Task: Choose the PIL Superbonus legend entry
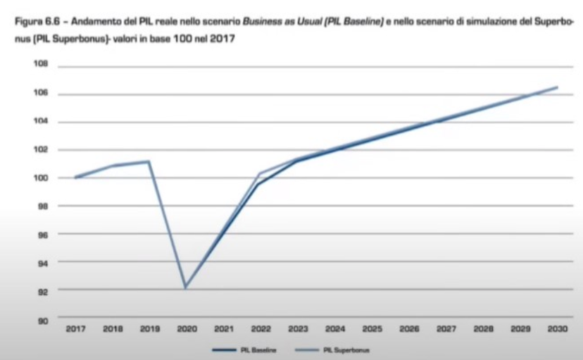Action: [347, 349]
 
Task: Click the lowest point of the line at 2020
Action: [185, 288]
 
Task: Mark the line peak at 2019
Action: [149, 161]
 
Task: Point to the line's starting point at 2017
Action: [75, 178]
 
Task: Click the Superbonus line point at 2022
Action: [260, 173]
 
